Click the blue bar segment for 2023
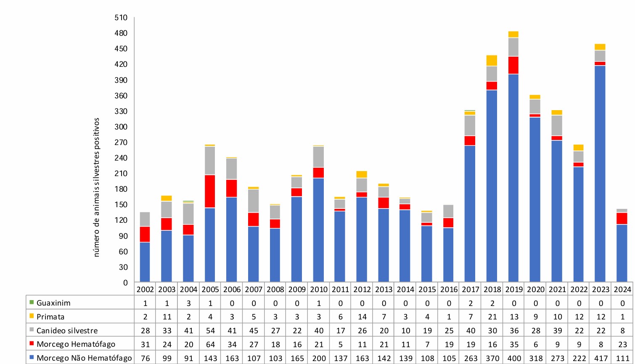600,173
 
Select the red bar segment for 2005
210,191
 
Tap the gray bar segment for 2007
254,201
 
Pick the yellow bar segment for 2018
492,61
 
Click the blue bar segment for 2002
145,262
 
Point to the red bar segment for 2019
513,65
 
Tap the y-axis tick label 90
122,236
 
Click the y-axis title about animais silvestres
96,187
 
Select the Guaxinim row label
53,303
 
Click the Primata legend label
50,317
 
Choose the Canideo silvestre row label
67,330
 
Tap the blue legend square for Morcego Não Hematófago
32,358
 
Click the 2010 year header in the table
319,289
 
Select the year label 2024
622,289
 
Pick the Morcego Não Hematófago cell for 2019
514,358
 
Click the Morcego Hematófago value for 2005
210,344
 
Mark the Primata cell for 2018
492,317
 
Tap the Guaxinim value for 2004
189,303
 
